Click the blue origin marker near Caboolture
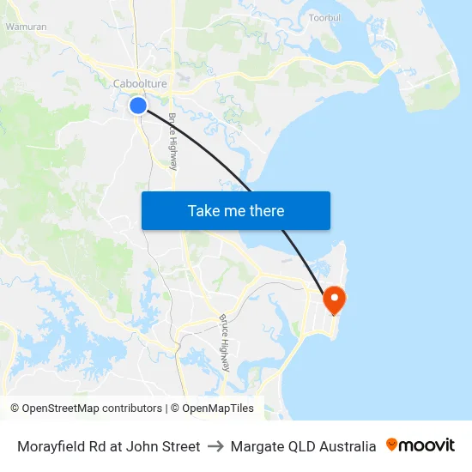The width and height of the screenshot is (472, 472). (138, 106)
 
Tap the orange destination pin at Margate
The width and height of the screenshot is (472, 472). (333, 300)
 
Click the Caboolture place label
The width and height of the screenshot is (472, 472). (140, 83)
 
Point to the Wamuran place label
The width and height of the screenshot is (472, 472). (27, 27)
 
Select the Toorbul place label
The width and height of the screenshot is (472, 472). (325, 17)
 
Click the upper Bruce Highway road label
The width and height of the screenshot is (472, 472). (172, 141)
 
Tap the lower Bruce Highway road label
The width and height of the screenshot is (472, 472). (224, 342)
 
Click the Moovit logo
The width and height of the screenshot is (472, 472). (421, 445)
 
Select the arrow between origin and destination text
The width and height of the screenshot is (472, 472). (215, 446)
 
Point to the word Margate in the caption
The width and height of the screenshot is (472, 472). (256, 446)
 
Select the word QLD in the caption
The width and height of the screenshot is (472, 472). (299, 446)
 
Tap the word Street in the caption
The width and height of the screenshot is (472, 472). (180, 446)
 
